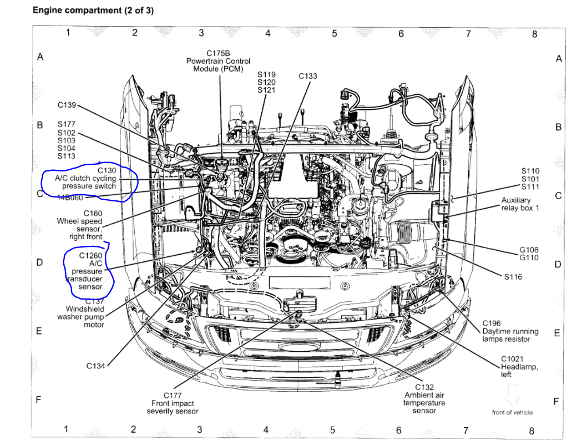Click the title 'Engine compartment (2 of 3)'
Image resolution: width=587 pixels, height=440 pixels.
pyautogui.click(x=93, y=11)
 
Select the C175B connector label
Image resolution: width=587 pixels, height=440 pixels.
pyautogui.click(x=221, y=53)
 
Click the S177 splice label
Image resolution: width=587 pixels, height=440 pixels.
pyautogui.click(x=67, y=125)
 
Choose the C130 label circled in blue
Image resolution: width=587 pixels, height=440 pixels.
pyautogui.click(x=107, y=170)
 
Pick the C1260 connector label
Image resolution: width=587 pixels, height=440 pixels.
pyautogui.click(x=91, y=256)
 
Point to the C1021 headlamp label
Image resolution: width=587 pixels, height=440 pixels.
pyautogui.click(x=512, y=359)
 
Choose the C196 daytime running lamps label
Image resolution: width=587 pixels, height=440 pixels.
pyautogui.click(x=492, y=323)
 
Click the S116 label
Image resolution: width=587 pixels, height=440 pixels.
pyautogui.click(x=513, y=277)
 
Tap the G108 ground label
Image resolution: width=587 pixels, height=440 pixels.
pyautogui.click(x=529, y=250)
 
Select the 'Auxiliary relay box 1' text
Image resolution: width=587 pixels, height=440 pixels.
pyautogui.click(x=520, y=204)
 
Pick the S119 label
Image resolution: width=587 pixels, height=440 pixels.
pyautogui.click(x=267, y=74)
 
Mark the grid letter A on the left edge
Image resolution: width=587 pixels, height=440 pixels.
pyautogui.click(x=40, y=57)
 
